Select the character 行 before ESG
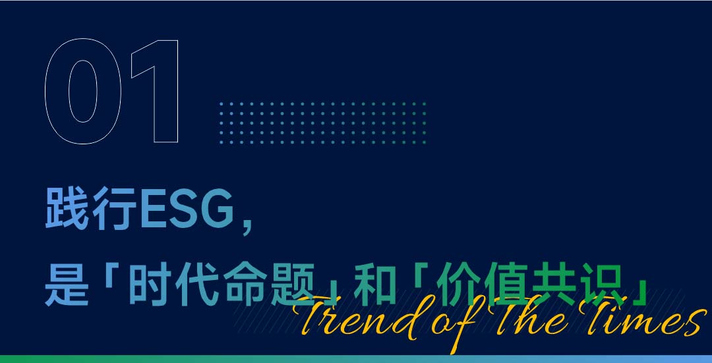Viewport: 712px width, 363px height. point(114,208)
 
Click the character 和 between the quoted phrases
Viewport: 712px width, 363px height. point(375,285)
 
